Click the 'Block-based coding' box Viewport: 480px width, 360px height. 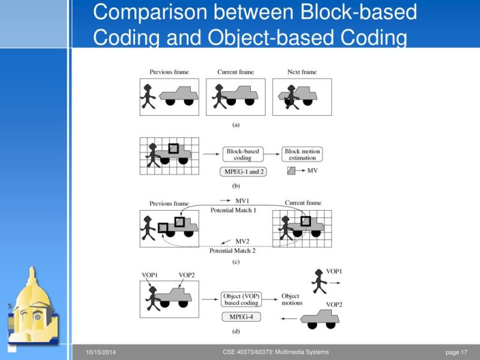click(242, 154)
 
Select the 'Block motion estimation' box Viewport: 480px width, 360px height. click(301, 154)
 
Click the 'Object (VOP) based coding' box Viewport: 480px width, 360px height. click(241, 299)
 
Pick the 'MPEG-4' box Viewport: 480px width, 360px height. click(241, 316)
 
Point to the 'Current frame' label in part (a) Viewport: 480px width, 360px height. click(235, 72)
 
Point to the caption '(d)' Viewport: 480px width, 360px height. click(236, 331)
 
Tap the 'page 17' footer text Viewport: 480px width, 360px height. click(456, 352)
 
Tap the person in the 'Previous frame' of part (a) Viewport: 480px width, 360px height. click(147, 96)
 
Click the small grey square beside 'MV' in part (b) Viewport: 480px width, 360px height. click(292, 171)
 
